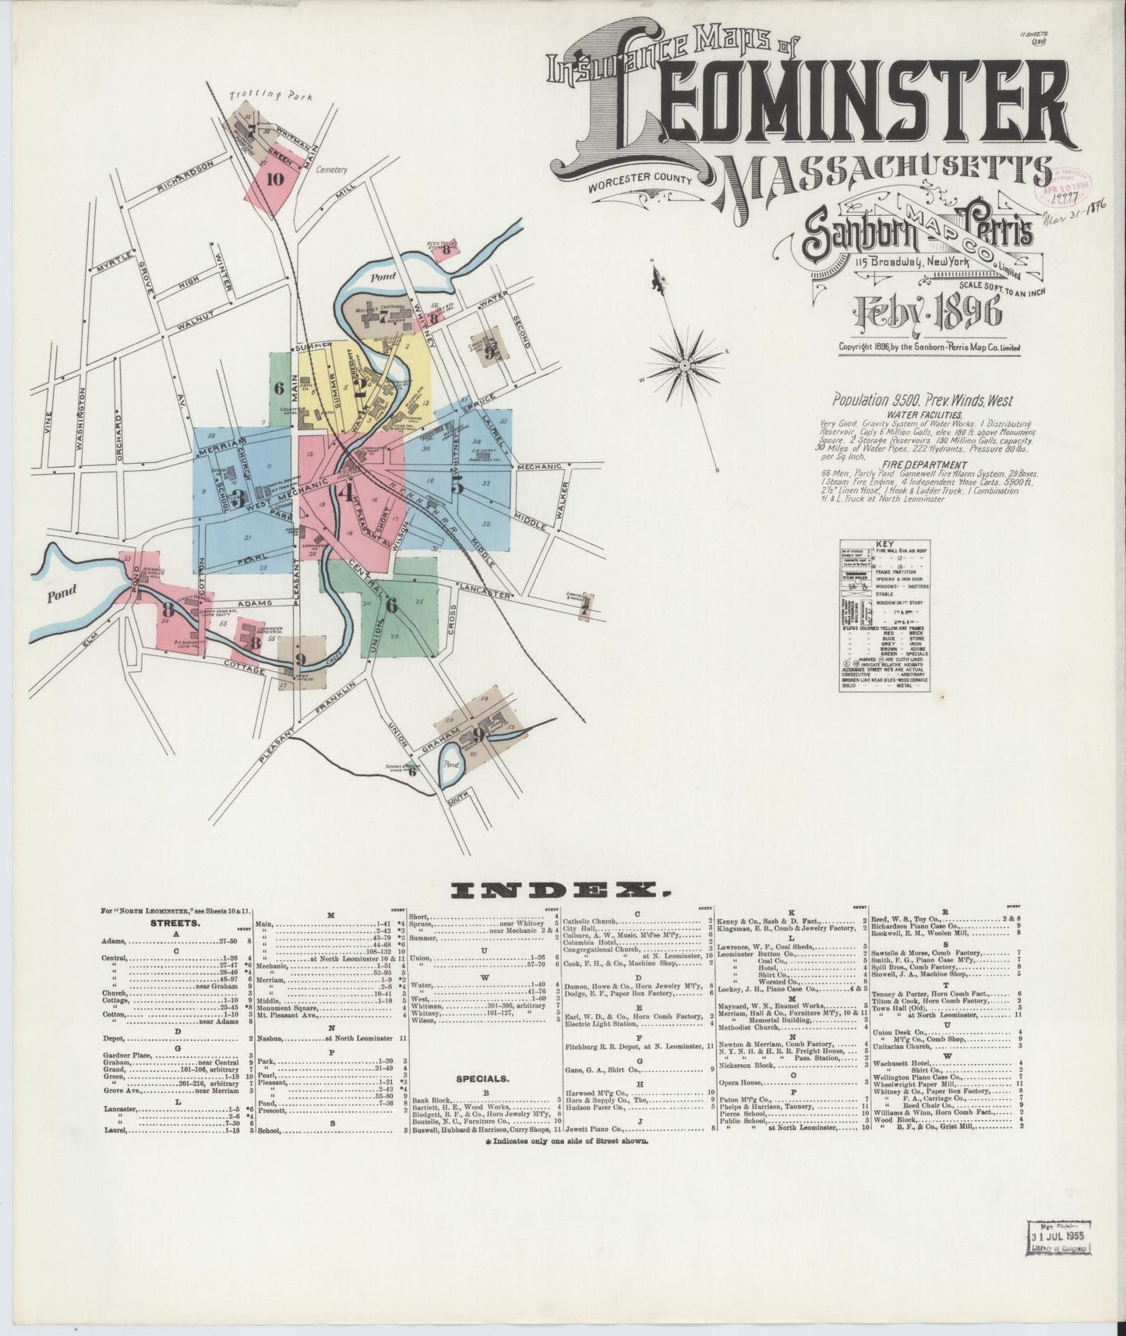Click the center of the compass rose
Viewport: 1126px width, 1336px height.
[x=684, y=363]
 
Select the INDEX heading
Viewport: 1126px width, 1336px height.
[x=562, y=889]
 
